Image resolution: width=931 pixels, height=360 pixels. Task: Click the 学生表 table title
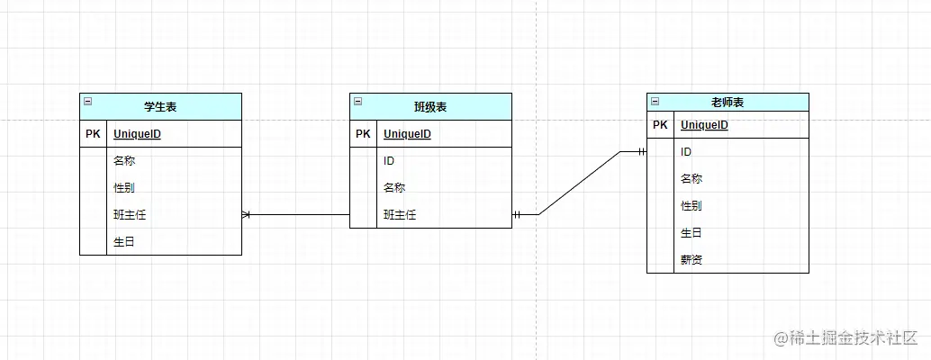tap(160, 107)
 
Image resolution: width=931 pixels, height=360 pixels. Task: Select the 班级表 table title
tap(430, 107)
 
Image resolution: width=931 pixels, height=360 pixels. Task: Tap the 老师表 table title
tap(728, 103)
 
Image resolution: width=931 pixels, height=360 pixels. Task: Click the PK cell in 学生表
tap(94, 134)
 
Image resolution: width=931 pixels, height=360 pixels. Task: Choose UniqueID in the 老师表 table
tap(704, 125)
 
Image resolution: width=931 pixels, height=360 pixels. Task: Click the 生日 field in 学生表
tap(124, 242)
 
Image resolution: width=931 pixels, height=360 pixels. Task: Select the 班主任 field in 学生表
tap(130, 215)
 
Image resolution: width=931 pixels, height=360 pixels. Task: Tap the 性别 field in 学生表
tap(124, 188)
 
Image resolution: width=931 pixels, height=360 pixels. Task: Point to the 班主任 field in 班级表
tap(400, 215)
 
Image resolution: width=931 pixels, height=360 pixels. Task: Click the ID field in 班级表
tap(389, 161)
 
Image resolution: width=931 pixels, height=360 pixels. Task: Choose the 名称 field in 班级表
tap(394, 188)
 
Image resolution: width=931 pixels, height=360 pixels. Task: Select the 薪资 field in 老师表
tap(691, 260)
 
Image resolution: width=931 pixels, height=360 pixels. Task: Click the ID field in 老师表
tap(686, 152)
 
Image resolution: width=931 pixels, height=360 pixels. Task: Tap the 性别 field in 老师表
tap(691, 206)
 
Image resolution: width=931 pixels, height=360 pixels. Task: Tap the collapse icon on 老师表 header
tap(655, 102)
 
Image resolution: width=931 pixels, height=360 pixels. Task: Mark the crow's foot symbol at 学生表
tap(247, 215)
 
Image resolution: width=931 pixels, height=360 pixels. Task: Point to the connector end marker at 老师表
tap(642, 152)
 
